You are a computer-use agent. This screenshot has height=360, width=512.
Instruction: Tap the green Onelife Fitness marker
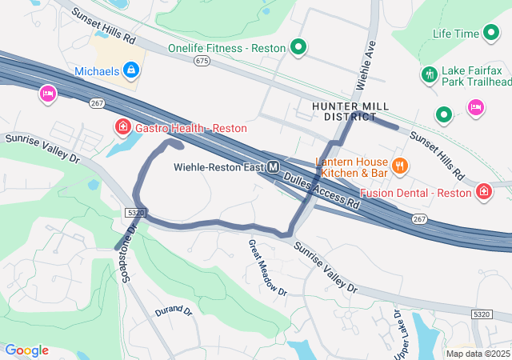(298, 48)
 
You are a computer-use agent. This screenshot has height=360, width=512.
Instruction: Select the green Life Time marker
(492, 34)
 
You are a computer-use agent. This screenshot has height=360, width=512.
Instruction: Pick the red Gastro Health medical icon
(122, 127)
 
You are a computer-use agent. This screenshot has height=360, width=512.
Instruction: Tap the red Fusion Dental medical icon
(484, 192)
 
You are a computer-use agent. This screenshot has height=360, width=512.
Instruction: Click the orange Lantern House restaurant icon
(400, 166)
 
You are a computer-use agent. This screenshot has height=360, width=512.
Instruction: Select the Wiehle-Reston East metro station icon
(274, 167)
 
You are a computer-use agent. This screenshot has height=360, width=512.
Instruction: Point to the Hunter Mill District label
(350, 111)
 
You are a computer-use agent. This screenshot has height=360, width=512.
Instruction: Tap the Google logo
(26, 350)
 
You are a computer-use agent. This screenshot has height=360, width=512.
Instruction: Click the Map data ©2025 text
(477, 354)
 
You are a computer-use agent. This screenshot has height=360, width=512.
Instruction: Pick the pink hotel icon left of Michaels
(47, 94)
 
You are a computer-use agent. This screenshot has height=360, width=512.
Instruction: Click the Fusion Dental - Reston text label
(416, 193)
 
